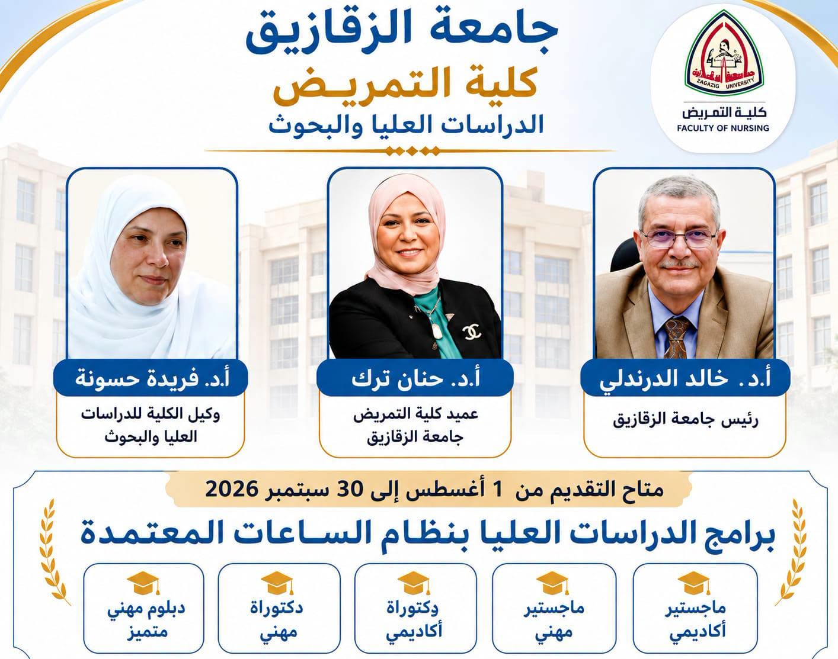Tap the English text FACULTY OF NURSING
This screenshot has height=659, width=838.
point(723,128)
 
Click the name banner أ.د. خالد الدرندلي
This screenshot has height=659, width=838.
point(685,378)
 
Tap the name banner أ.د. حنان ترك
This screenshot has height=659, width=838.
point(415,378)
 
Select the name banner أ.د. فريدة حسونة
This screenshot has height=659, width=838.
point(151,378)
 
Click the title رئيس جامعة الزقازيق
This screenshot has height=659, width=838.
point(686,421)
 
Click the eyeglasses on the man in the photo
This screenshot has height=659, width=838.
point(678,237)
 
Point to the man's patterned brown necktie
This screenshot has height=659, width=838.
point(677,337)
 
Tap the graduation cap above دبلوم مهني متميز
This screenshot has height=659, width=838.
point(143,583)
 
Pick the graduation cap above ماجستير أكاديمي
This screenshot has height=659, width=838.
point(694,583)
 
